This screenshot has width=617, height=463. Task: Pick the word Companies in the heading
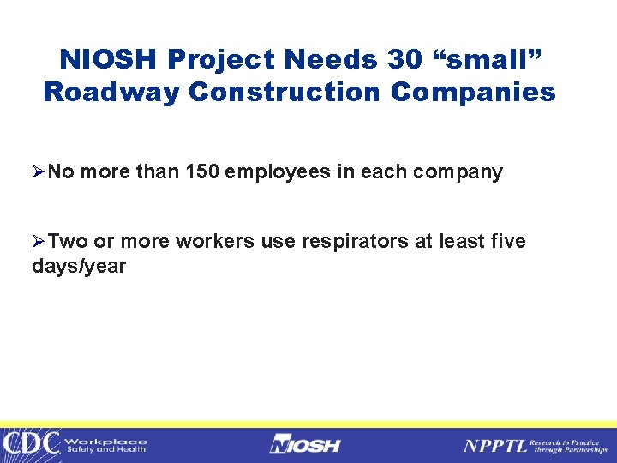coord(473,92)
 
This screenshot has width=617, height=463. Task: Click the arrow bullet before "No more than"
coord(39,171)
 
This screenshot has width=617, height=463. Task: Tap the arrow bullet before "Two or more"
coord(39,242)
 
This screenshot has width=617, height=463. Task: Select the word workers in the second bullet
coord(214,242)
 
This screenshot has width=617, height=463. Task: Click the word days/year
coord(79,267)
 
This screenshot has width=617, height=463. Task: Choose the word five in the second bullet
coord(507,242)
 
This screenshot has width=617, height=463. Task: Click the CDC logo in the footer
coord(31,443)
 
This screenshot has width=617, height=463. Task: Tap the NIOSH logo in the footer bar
coord(305,444)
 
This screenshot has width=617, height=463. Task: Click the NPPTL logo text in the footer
coord(494,444)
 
